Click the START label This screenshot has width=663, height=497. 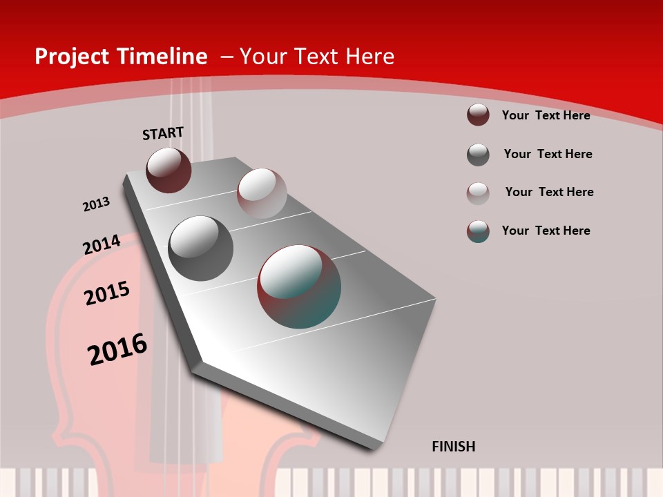coord(163,133)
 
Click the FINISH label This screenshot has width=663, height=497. coord(454,447)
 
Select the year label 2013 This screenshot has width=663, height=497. coord(96,204)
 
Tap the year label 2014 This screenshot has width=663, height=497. coord(102,244)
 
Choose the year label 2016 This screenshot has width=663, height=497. coord(117,349)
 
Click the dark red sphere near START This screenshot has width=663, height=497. coord(169,170)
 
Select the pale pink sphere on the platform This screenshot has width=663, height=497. coord(262,193)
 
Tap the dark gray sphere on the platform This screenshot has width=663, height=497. coord(201,248)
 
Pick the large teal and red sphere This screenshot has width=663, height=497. coord(299,286)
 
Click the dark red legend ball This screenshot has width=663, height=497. coord(478,115)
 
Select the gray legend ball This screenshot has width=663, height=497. coord(478,155)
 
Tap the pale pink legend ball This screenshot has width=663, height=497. coord(478,193)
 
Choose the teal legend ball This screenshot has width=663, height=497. coord(478,231)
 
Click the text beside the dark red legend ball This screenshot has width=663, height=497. coord(546,115)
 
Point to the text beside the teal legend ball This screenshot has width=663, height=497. coord(546,231)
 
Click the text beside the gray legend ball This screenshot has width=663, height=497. coord(548,154)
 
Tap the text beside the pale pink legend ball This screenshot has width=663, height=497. coord(549,192)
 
